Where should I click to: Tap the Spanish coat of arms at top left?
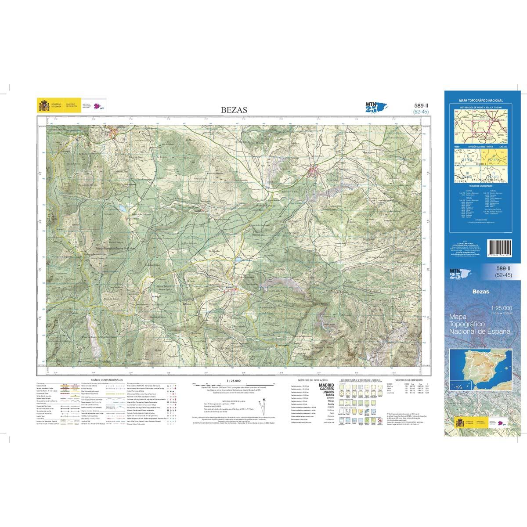pos(44,105)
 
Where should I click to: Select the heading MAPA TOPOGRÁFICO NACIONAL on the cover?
pos(480,101)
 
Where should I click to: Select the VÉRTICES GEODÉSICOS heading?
pos(408,379)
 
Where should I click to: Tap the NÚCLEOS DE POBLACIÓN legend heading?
pos(310,379)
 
